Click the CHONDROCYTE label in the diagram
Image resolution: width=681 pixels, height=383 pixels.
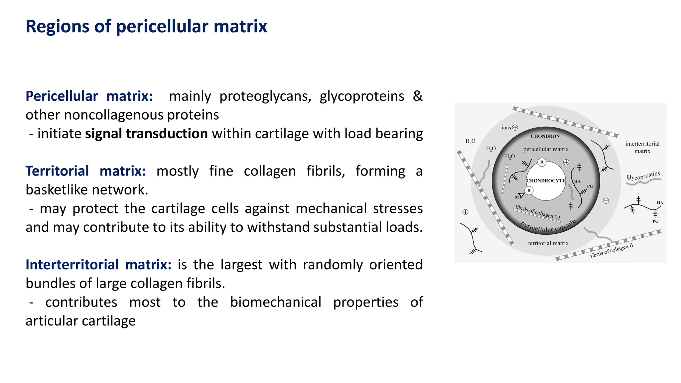click(x=546, y=181)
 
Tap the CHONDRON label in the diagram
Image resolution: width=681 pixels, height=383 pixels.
click(x=545, y=136)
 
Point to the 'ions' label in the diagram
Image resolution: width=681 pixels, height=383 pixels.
click(x=506, y=128)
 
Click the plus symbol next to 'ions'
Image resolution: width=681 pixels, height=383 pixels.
click(x=515, y=128)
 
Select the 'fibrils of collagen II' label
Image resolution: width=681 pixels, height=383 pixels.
click(x=612, y=250)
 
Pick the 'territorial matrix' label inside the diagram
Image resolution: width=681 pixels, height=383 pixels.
click(x=548, y=243)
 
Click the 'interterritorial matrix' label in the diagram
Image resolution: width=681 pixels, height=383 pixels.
click(x=642, y=147)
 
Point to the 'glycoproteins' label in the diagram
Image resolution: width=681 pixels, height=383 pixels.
click(x=643, y=176)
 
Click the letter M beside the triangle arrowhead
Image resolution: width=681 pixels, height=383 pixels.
click(x=517, y=197)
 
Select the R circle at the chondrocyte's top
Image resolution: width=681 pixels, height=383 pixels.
click(x=542, y=162)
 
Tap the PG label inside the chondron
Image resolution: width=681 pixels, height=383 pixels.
click(x=590, y=187)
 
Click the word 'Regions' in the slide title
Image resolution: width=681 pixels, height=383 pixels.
click(x=57, y=27)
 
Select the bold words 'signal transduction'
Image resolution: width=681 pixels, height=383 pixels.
click(x=146, y=134)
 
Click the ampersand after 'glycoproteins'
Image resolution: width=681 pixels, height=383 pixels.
click(x=417, y=96)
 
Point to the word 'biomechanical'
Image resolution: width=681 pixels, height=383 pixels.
click(x=275, y=302)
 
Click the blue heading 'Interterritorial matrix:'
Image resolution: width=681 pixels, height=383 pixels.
click(x=98, y=265)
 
